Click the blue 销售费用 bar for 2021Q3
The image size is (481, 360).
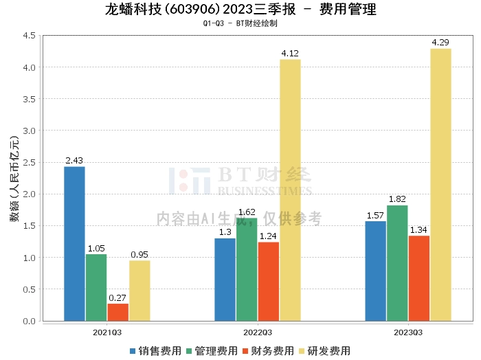(x=74, y=244)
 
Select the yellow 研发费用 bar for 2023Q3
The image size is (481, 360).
(x=441, y=185)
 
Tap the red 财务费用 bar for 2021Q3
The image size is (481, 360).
(x=118, y=313)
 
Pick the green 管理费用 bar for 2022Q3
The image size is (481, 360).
(x=247, y=269)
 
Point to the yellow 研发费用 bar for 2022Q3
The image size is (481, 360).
(x=290, y=190)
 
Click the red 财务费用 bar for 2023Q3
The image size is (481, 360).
(x=419, y=278)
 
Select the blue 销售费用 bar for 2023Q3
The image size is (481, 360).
(x=375, y=271)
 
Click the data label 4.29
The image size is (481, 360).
(x=440, y=43)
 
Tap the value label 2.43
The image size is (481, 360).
(x=74, y=160)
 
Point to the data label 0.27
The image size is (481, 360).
(x=118, y=297)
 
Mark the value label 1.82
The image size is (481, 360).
(x=397, y=199)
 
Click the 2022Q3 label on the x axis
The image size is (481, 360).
(x=258, y=333)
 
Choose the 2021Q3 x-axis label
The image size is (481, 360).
(x=107, y=333)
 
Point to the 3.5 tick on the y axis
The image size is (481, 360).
(x=30, y=99)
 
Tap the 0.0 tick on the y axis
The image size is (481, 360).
(x=30, y=321)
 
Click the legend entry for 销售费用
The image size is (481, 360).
(x=155, y=351)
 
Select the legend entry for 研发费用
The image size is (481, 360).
(x=324, y=351)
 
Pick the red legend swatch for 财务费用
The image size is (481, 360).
(x=245, y=351)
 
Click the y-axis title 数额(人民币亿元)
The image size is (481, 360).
(x=14, y=179)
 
